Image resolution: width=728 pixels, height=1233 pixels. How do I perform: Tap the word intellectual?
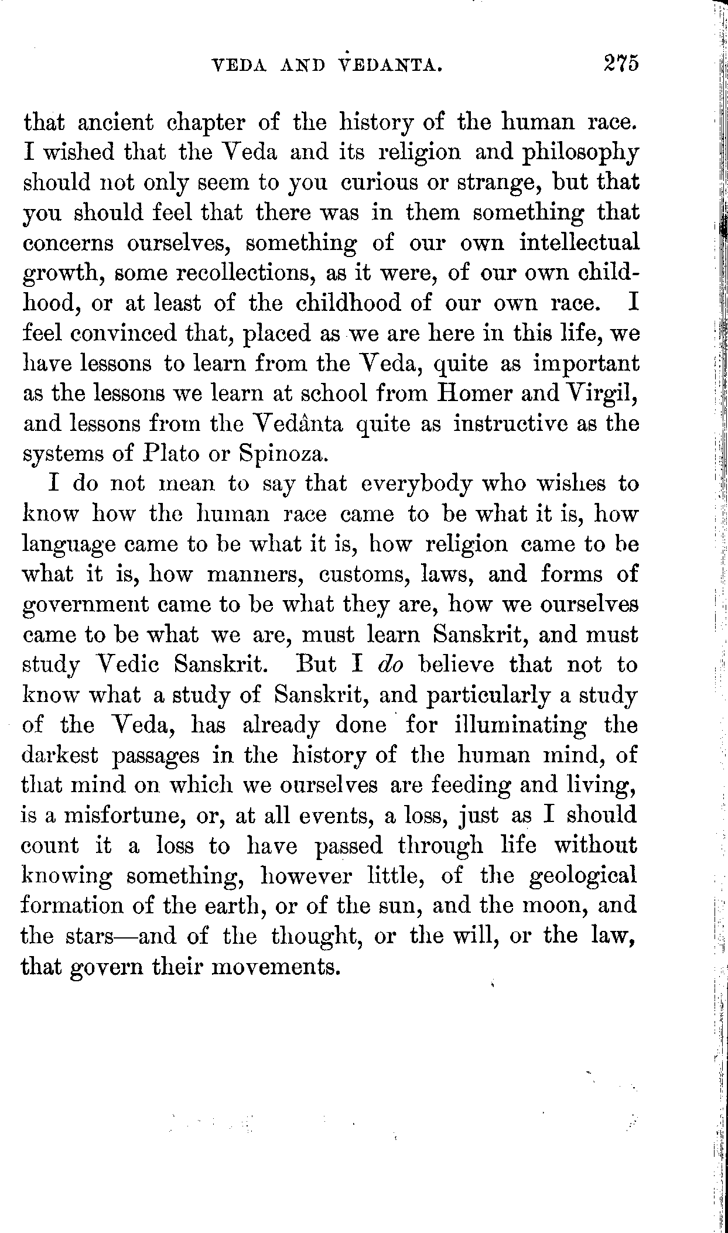[579, 242]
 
